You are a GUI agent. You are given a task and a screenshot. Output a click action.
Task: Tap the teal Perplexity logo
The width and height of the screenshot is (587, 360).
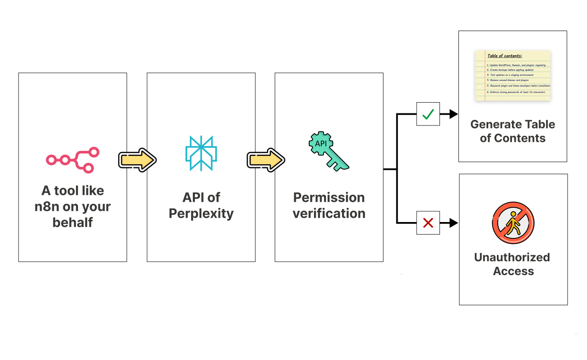[x=201, y=153]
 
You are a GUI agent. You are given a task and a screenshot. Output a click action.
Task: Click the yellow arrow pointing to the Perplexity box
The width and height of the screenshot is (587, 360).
[x=137, y=160]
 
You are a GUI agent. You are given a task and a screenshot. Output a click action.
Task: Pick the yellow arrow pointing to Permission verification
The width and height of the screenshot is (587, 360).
[x=265, y=160]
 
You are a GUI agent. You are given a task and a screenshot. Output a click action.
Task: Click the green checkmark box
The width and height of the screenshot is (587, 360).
[x=428, y=114]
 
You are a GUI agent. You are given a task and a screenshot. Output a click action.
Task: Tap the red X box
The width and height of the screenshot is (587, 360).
[x=428, y=223]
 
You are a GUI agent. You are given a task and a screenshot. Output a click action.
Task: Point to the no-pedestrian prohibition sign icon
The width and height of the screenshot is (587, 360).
[x=513, y=223]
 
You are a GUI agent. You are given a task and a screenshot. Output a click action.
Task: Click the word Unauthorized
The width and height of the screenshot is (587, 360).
[x=512, y=257]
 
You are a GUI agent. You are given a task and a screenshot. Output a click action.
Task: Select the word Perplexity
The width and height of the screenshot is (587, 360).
[x=201, y=213]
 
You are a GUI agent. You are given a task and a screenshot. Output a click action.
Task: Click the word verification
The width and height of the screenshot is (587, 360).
[x=329, y=213]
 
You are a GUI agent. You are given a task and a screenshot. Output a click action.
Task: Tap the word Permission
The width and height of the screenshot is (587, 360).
[x=329, y=197]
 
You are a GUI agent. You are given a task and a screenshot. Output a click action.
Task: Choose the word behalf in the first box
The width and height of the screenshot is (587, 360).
[x=72, y=222]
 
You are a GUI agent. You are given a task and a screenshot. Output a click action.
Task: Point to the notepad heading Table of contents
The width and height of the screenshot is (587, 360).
[x=505, y=56]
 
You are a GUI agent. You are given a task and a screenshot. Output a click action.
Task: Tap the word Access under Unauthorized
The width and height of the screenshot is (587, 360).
[x=513, y=271]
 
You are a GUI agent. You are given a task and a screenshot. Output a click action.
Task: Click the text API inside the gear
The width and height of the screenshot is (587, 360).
[x=321, y=143]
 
